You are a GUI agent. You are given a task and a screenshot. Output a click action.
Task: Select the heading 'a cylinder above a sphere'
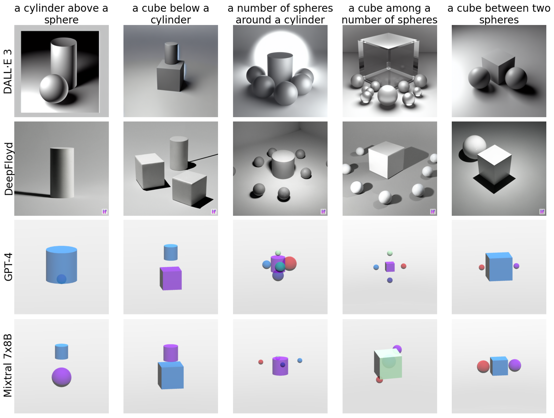pos(61,14)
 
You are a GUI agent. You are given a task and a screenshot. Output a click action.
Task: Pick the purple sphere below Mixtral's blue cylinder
pos(62,377)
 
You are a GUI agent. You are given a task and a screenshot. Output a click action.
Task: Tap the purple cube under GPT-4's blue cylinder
pos(171,278)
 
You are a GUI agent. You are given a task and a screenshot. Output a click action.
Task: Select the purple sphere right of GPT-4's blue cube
pos(516,266)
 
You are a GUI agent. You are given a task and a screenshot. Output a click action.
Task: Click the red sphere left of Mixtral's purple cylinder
pos(261,362)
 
